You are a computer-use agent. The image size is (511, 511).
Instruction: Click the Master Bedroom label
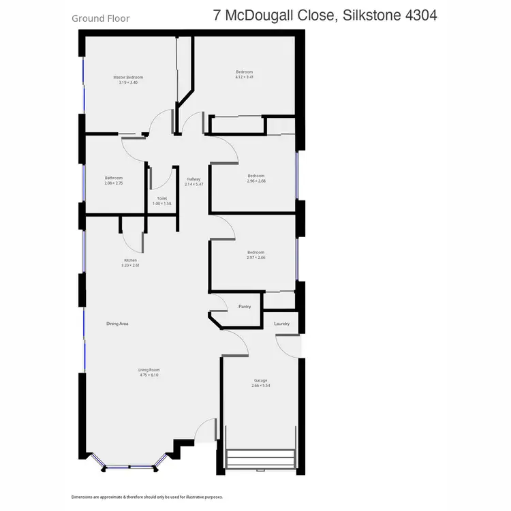pyautogui.click(x=128, y=78)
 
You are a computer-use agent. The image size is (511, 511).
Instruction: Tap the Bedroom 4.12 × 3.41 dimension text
pyautogui.click(x=244, y=77)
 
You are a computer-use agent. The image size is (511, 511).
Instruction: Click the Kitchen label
pyautogui.click(x=130, y=260)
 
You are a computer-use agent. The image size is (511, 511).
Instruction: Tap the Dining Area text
pyautogui.click(x=117, y=324)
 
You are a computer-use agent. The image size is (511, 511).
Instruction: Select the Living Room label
pyautogui.click(x=149, y=370)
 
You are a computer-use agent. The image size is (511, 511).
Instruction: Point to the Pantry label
pyautogui.click(x=245, y=307)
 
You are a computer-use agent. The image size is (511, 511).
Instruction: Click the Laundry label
pyautogui.click(x=281, y=324)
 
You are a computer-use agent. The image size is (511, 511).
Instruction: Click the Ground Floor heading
pyautogui.click(x=100, y=18)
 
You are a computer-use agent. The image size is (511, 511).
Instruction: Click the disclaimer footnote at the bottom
pyautogui.click(x=147, y=497)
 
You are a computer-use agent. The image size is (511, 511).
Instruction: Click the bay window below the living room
pyautogui.click(x=129, y=467)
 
